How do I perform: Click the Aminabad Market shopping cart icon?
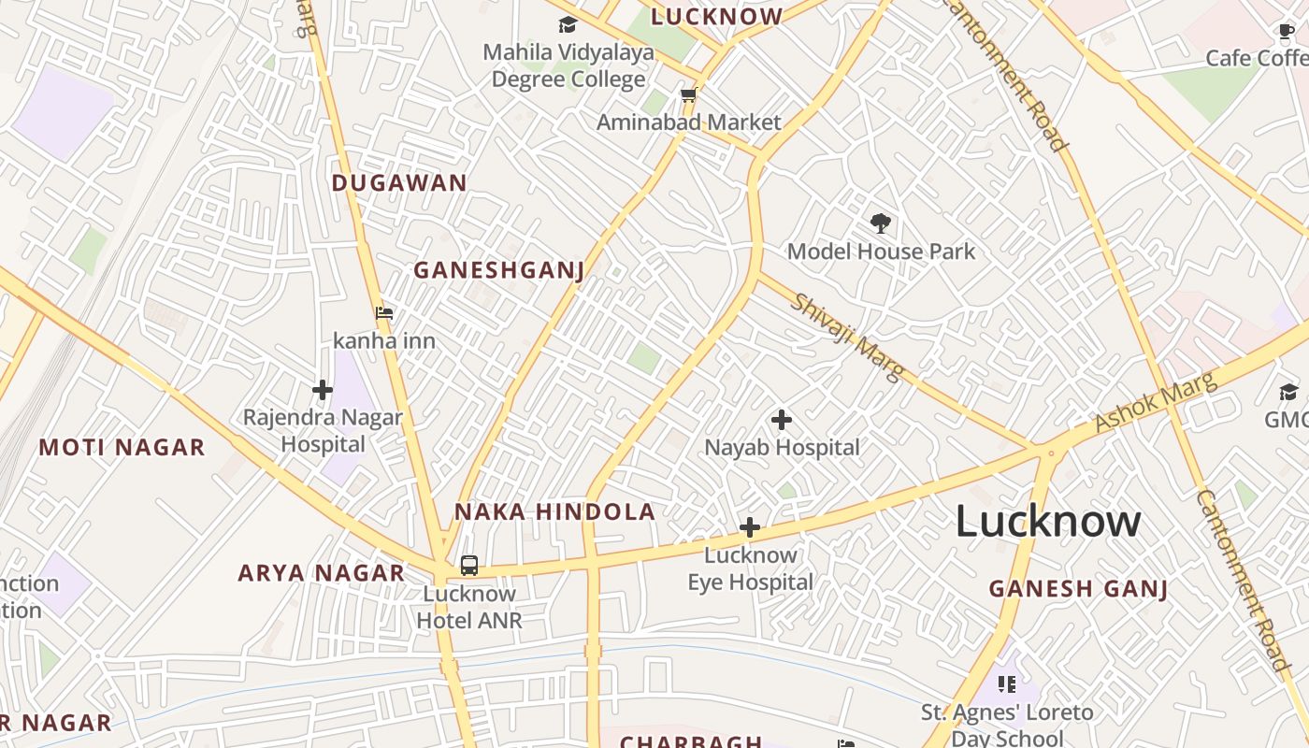click(689, 95)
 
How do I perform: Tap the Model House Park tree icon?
click(880, 223)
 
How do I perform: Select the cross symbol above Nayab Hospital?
click(782, 420)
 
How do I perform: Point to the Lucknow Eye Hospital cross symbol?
click(749, 528)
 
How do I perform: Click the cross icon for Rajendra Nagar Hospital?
click(323, 390)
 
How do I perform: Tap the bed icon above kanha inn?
click(384, 313)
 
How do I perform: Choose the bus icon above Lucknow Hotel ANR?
click(469, 566)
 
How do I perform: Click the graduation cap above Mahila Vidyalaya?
click(568, 25)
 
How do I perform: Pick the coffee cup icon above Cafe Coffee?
click(1287, 32)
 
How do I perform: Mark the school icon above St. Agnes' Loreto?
click(1006, 684)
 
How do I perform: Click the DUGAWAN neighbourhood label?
click(399, 183)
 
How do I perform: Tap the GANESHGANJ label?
click(499, 271)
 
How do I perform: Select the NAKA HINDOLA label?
click(554, 512)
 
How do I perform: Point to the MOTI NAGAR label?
click(122, 448)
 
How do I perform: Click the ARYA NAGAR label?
click(321, 573)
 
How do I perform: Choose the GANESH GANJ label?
click(1078, 589)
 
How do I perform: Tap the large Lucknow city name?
click(1047, 522)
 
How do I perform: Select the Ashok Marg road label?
click(1156, 402)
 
